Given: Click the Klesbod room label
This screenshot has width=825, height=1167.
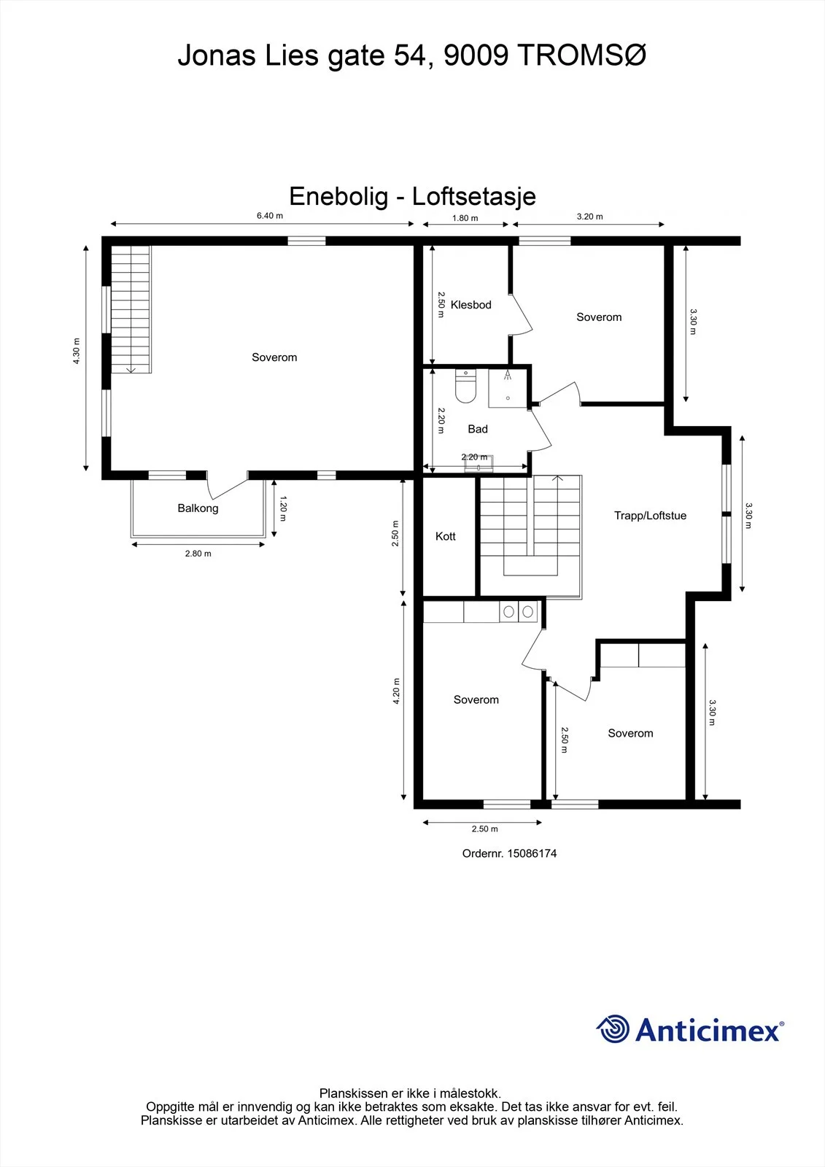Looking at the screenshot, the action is pos(470,305).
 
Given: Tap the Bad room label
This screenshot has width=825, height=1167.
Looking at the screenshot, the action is pos(477,429).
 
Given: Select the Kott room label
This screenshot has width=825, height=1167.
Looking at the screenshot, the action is pos(446,536).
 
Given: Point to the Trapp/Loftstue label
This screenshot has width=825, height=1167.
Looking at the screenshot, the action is pos(650,516).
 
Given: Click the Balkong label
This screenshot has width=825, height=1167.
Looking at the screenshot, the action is pos(198,508).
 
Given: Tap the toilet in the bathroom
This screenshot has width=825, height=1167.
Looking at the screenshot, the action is pos(465,387).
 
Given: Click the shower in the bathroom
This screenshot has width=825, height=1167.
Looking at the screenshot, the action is pos(508,388).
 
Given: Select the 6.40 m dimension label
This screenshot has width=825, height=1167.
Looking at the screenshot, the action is pos(269,216).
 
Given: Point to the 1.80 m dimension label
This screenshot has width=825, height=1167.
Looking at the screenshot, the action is pos(465,218).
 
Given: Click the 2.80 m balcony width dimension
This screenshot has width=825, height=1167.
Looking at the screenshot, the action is pos(198,554).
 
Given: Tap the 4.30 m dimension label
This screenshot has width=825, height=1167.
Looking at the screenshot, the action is pos(77,351).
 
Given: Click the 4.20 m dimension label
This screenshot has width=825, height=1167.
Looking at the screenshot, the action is pos(396,691).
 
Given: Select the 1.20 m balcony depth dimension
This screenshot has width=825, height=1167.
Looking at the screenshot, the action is pos(283,508).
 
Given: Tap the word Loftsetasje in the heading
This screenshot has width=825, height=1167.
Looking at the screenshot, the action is pos(473,196).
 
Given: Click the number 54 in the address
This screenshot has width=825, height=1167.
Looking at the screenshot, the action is pos(410,55).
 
